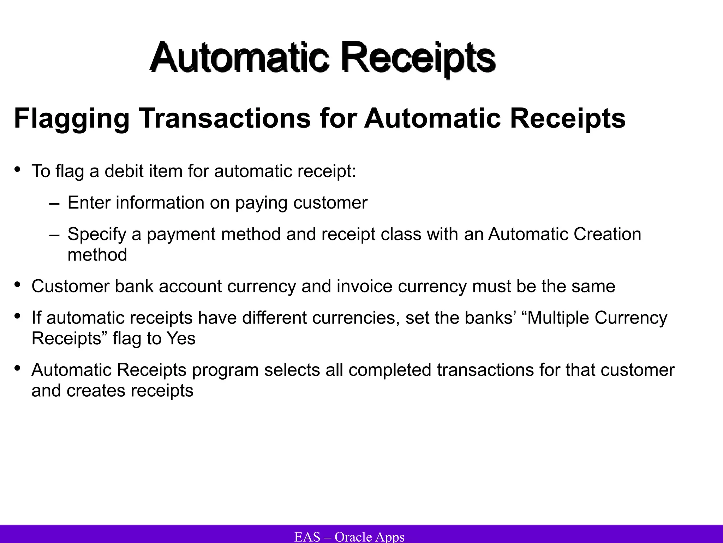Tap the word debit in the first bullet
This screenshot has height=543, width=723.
[123, 171]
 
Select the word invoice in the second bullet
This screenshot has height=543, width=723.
[364, 286]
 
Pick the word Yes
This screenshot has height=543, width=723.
[181, 339]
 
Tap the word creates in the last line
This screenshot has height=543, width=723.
[96, 391]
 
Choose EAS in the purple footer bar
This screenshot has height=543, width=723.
[307, 537]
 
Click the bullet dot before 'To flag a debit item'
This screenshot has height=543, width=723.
[17, 170]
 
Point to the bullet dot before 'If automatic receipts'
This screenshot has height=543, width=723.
[17, 316]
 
